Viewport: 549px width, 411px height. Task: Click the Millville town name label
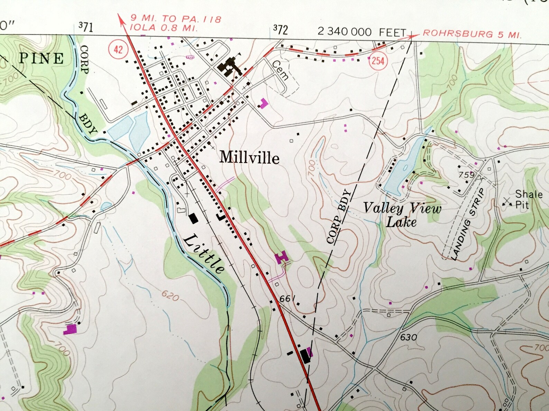click(249, 157)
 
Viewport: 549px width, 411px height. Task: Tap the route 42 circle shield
click(118, 49)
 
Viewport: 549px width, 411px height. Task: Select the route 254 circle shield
click(378, 61)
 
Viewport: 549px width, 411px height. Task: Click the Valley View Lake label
click(402, 215)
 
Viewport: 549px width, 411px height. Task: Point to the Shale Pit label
click(528, 199)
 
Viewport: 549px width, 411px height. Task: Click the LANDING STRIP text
click(468, 224)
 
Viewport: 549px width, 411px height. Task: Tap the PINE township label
click(41, 58)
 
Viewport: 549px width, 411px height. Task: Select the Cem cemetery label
click(280, 70)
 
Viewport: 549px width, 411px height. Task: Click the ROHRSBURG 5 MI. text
click(472, 34)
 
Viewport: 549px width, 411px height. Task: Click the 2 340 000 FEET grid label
click(362, 32)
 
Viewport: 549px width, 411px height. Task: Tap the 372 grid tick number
click(280, 30)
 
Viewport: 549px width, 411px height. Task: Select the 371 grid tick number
click(85, 26)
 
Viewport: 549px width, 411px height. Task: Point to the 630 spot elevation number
click(409, 337)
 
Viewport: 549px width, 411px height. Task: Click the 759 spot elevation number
click(466, 175)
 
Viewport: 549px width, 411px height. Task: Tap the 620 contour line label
click(170, 296)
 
